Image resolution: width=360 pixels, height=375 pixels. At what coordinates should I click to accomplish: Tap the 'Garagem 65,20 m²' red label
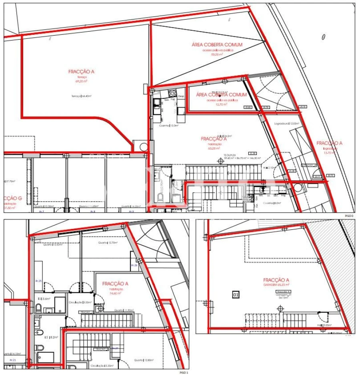(x=276, y=286)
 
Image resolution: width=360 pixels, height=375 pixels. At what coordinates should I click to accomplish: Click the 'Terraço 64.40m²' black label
(x=81, y=96)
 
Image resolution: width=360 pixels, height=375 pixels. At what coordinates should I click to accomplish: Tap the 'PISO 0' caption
(x=349, y=216)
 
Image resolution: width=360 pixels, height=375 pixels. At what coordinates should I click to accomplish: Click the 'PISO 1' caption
(x=183, y=372)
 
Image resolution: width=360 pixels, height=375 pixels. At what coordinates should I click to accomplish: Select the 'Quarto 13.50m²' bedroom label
(x=55, y=245)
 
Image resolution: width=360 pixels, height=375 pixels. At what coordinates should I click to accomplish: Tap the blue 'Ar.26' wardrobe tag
(x=134, y=265)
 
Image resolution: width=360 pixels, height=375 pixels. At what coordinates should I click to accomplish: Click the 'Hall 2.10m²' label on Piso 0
(x=270, y=168)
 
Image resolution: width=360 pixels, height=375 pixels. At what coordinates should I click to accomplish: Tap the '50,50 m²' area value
(x=217, y=54)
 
